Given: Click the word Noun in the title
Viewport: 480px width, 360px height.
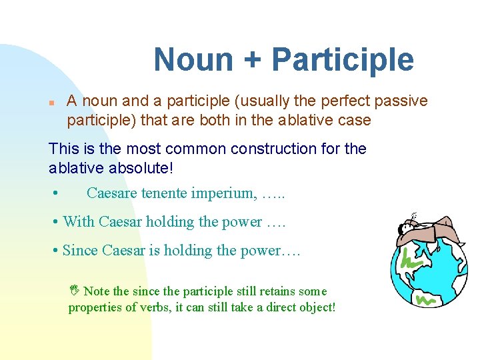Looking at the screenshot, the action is (193, 59).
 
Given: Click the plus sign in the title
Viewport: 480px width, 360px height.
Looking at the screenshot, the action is (252, 60).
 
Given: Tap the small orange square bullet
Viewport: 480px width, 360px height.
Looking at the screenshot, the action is (51, 103).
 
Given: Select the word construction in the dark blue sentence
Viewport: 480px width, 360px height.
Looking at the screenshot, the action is (273, 149).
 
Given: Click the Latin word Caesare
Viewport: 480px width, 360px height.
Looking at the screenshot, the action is (112, 193).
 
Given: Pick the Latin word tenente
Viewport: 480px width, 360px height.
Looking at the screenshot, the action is (164, 193).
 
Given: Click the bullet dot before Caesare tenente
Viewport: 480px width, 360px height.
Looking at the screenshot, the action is (55, 193).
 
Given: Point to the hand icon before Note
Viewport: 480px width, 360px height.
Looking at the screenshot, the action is (75, 289).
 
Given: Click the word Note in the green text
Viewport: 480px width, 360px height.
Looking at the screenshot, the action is (97, 291).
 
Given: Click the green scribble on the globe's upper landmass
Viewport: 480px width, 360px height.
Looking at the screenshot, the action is (411, 259).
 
